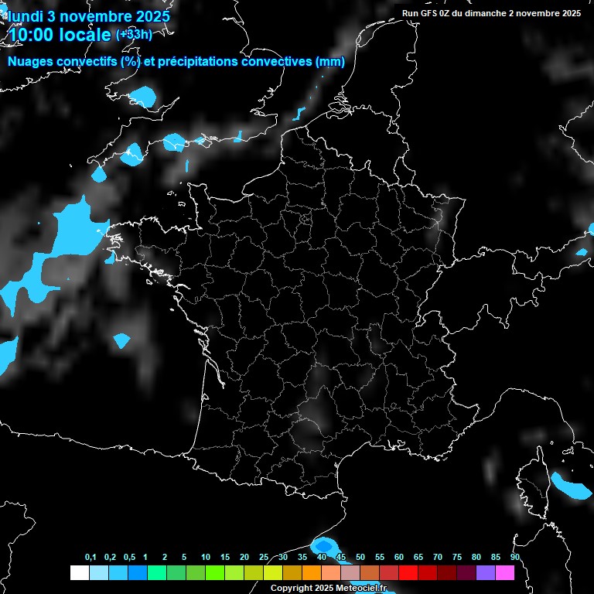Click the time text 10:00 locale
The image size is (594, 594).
60,34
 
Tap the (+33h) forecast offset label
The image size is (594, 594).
134,34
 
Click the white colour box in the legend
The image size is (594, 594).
79,572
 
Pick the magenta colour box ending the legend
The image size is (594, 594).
504,572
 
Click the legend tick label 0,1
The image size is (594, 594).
90,557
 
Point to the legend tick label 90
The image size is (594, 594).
514,557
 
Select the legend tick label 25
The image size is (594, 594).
263,557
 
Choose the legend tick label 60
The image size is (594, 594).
398,557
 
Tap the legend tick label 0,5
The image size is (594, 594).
129,557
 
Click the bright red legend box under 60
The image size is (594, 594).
408,572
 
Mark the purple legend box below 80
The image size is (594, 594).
485,572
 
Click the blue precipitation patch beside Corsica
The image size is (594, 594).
572,487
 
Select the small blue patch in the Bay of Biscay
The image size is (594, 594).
121,340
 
